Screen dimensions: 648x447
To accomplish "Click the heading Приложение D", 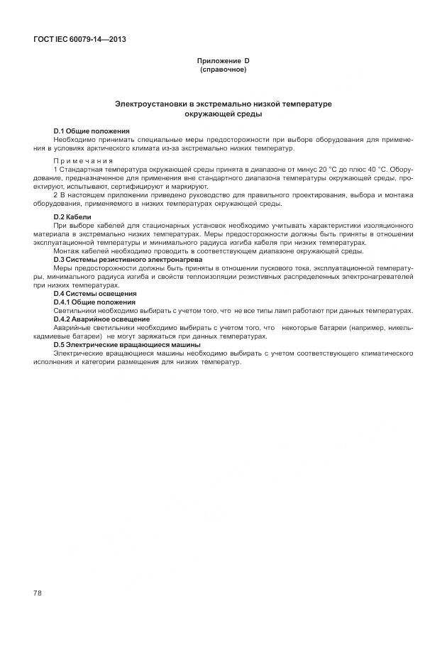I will [x=223, y=62].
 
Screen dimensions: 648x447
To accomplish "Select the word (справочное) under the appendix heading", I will [x=223, y=70].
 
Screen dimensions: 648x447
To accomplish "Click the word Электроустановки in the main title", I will [x=150, y=104].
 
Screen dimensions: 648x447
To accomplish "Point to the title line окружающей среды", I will [x=223, y=114].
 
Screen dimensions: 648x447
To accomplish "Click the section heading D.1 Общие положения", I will [x=92, y=131].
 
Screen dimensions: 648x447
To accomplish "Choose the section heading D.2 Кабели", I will [x=72, y=216].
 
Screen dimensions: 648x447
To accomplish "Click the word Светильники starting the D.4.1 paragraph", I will [x=73, y=310].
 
